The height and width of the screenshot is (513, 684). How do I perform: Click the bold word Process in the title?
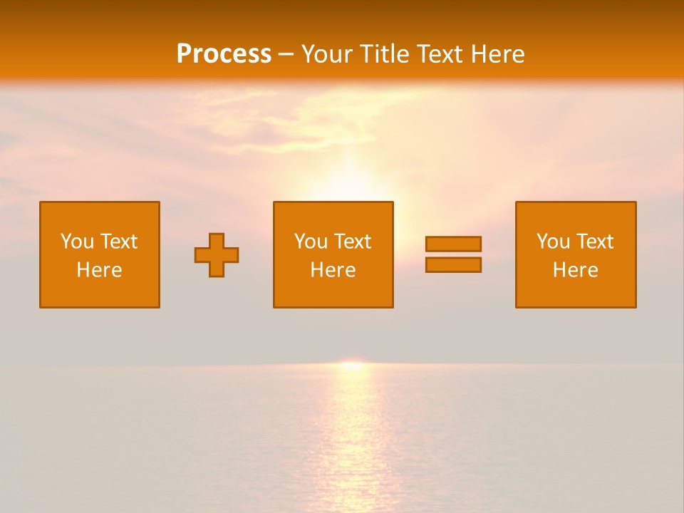pos(224,54)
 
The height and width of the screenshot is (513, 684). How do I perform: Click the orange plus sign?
pos(217,255)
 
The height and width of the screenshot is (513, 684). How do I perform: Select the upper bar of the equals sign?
pos(453,244)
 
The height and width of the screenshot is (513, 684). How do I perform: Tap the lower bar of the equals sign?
pos(453,264)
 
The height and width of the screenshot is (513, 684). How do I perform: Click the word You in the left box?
pos(77,242)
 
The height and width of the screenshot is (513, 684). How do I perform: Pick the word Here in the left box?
pos(100,270)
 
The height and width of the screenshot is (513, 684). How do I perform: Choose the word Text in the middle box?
pos(353,242)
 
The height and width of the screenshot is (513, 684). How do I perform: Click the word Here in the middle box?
pos(333,270)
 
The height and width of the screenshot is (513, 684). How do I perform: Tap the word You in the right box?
pos(553,242)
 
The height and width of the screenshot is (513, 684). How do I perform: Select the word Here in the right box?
pos(576,270)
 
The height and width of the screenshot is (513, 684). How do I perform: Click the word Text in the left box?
pos(119,242)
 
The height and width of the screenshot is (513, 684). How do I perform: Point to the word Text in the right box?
pos(595,242)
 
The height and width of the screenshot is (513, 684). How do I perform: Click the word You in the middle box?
pos(311,242)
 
